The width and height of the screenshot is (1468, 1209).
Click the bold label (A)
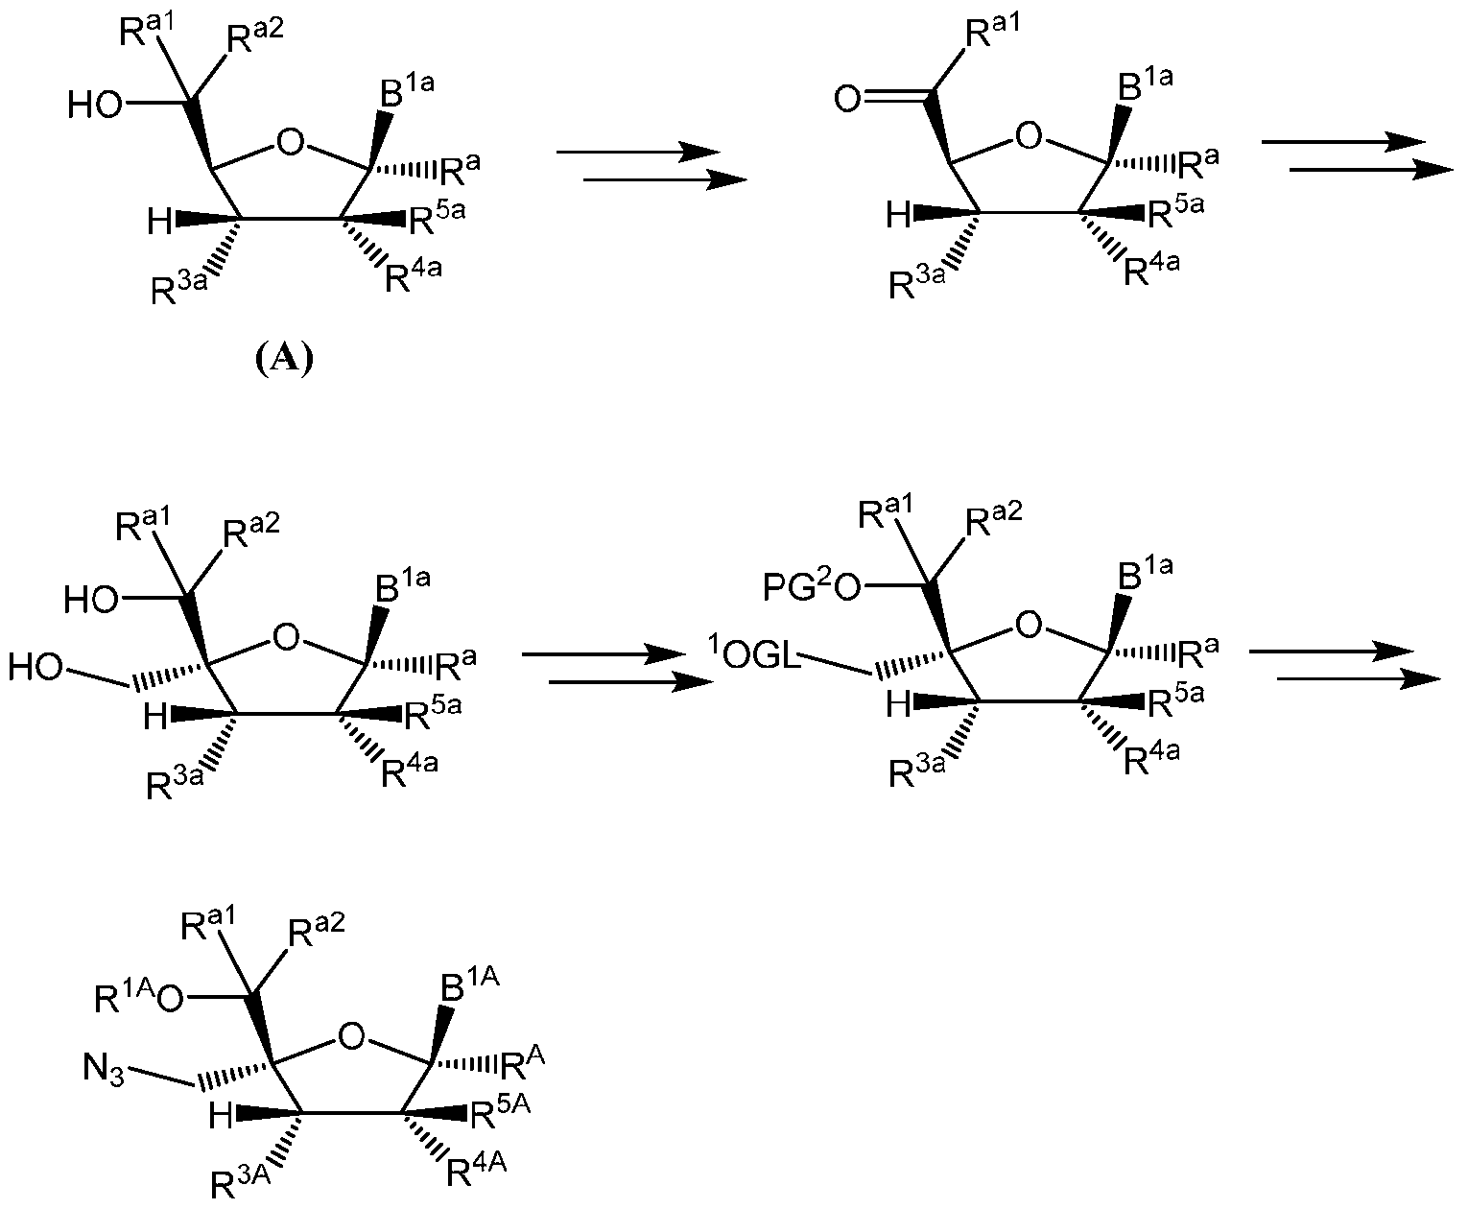click(x=283, y=360)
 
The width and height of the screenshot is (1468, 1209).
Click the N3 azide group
click(x=104, y=1069)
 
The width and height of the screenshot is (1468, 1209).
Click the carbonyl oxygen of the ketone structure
click(x=847, y=99)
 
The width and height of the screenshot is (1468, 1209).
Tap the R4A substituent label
click(x=477, y=1169)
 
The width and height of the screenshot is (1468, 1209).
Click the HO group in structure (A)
click(x=95, y=106)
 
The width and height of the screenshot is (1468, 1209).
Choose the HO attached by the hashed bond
click(x=36, y=667)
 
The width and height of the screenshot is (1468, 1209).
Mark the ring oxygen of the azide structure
click(x=351, y=1036)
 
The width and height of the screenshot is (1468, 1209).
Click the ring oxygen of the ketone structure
click(x=1029, y=135)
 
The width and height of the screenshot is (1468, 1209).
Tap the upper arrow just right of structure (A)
click(x=638, y=152)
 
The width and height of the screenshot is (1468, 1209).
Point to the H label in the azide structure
click(x=221, y=1116)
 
